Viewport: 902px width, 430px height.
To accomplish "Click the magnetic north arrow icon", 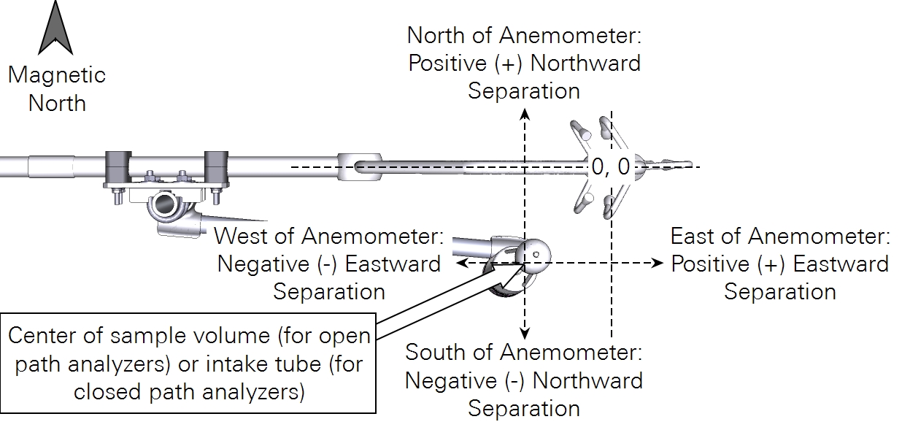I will point(56,28).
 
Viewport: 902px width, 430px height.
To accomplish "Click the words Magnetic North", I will point(56,88).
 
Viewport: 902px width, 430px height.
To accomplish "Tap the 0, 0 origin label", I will point(610,167).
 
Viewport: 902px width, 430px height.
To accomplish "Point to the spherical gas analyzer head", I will point(533,254).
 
